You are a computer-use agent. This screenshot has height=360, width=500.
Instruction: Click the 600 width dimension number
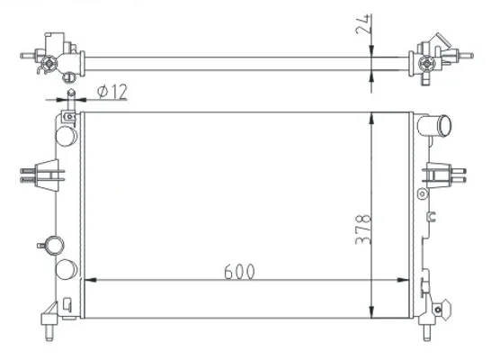239,272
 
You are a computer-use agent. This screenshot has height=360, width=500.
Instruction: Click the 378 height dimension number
363,229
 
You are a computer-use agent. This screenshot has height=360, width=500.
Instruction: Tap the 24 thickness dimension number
363,24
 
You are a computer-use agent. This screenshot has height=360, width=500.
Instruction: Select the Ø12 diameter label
112,91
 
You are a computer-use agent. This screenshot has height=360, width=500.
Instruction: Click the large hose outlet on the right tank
436,126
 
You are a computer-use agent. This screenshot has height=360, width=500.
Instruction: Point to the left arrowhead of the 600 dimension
91,280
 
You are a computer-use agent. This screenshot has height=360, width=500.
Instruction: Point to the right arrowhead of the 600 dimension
402,280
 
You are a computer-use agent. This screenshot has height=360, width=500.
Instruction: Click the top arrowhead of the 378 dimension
371,118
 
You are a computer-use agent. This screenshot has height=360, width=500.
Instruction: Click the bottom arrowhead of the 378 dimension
371,311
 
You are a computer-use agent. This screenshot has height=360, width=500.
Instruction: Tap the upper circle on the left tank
67,136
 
